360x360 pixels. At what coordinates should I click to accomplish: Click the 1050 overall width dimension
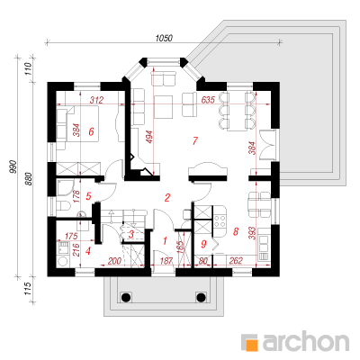tap(164, 39)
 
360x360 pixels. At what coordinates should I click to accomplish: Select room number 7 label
tap(195, 140)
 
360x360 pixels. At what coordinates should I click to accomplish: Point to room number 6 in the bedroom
tap(91, 131)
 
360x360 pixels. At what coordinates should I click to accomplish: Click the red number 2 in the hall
tap(167, 197)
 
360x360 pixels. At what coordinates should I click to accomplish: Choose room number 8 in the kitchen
tap(236, 231)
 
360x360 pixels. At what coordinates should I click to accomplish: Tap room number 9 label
tap(203, 244)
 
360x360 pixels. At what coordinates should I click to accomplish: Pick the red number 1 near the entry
tap(165, 240)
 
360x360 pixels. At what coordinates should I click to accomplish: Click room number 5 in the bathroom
tap(88, 196)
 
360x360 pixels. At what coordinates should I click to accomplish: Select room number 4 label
tap(87, 250)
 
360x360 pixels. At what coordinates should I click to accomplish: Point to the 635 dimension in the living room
tap(208, 100)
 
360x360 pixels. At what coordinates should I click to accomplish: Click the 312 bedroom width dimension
tap(96, 100)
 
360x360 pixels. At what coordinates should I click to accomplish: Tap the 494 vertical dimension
tap(149, 137)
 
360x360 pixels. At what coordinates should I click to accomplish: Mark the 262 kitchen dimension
tap(236, 261)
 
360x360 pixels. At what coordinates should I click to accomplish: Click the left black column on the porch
tap(126, 297)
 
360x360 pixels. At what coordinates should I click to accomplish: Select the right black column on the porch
tap(201, 297)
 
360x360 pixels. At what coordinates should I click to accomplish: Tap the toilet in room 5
tap(63, 206)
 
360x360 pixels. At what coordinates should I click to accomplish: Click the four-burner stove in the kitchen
tap(220, 220)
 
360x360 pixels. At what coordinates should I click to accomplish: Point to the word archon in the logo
tap(306, 340)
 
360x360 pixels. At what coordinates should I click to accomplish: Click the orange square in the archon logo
tap(252, 345)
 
